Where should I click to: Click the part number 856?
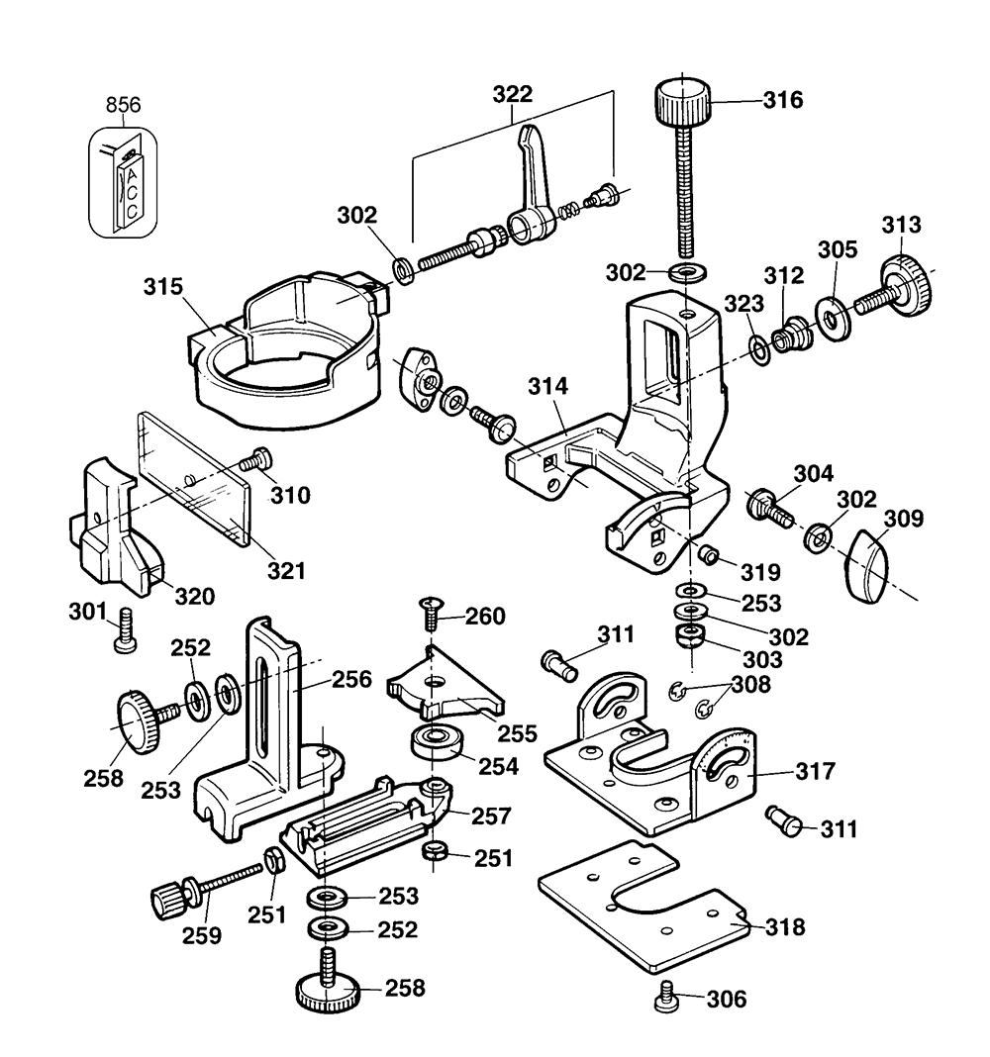pos(123,105)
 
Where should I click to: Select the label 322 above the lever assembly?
pos(513,95)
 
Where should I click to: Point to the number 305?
pos(838,250)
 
